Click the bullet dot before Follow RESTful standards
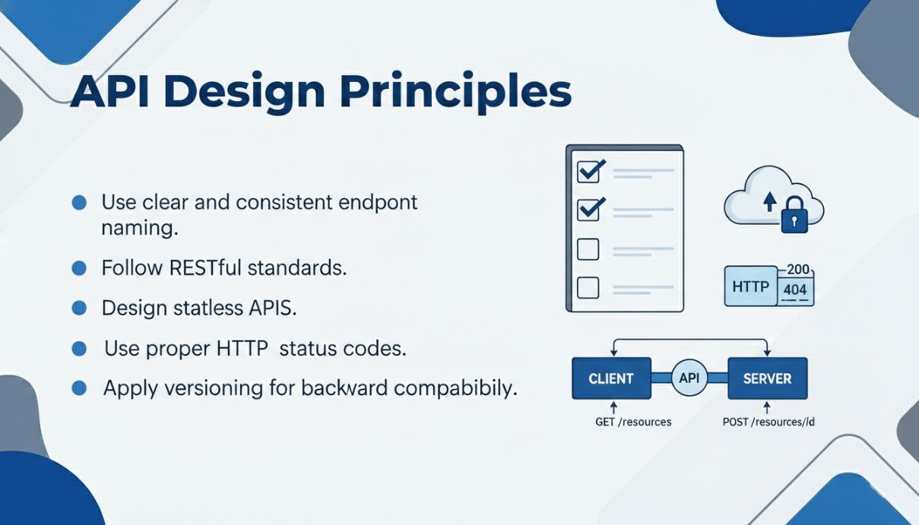click(79, 268)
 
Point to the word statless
click(208, 308)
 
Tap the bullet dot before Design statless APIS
click(79, 308)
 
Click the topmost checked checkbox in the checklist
click(591, 171)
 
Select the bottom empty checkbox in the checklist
click(588, 287)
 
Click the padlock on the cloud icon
click(794, 215)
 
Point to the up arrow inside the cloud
click(770, 201)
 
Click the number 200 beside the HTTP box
click(798, 269)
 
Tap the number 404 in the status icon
click(795, 289)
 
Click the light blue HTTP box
click(751, 286)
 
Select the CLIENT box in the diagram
click(611, 378)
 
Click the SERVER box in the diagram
click(768, 378)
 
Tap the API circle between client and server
click(689, 378)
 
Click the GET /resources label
click(633, 422)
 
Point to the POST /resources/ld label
click(768, 422)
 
